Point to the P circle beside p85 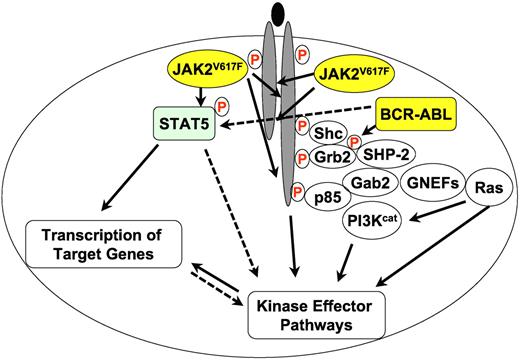tap(296, 191)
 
